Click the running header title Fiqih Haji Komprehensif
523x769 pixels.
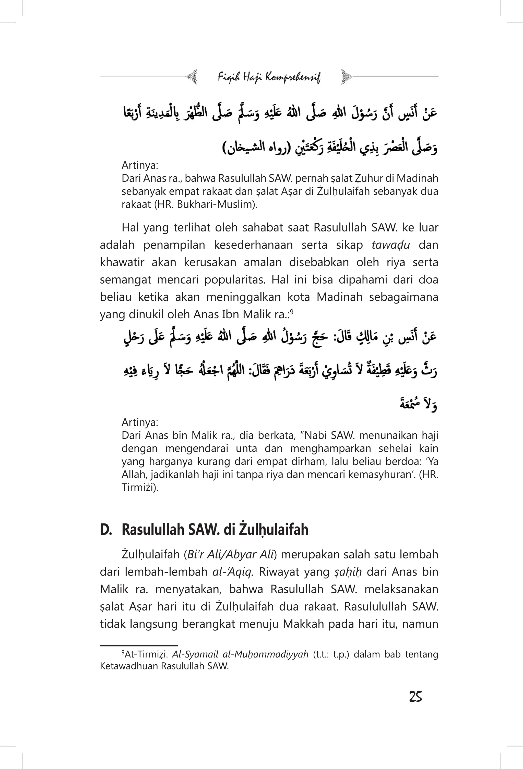point(269,77)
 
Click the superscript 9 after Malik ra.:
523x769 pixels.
point(292,311)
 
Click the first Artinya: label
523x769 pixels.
point(140,165)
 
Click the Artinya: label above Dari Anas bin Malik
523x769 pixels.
point(140,422)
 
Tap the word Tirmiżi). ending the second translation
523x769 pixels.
point(140,487)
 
